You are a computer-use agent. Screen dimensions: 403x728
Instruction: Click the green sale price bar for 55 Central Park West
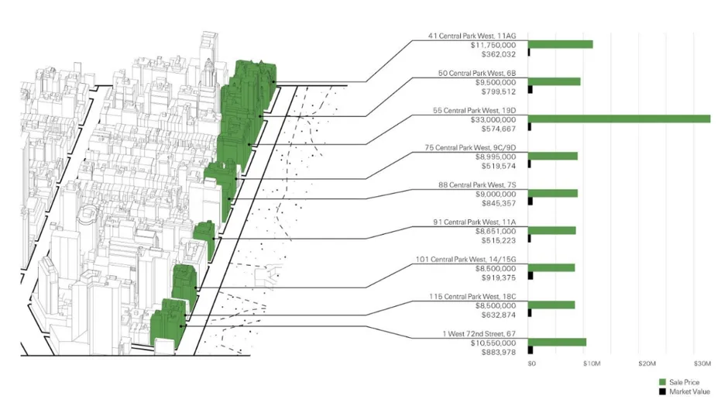[x=620, y=119]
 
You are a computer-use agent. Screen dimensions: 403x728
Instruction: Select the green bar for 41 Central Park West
[x=561, y=44]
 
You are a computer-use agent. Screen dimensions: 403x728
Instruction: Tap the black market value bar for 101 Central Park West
[x=531, y=276]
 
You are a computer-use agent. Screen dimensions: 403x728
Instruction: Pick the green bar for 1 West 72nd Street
[x=558, y=342]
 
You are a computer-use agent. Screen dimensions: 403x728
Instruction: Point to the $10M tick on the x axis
[x=591, y=363]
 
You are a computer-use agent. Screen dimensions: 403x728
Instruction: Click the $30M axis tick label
[x=702, y=363]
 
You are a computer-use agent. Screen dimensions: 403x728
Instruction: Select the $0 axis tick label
[x=531, y=363]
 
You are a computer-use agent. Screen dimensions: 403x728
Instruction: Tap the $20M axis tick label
[x=647, y=363]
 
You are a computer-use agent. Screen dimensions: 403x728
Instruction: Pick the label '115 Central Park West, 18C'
[x=472, y=296]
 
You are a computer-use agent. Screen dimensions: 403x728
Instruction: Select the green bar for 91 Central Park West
[x=552, y=230]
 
